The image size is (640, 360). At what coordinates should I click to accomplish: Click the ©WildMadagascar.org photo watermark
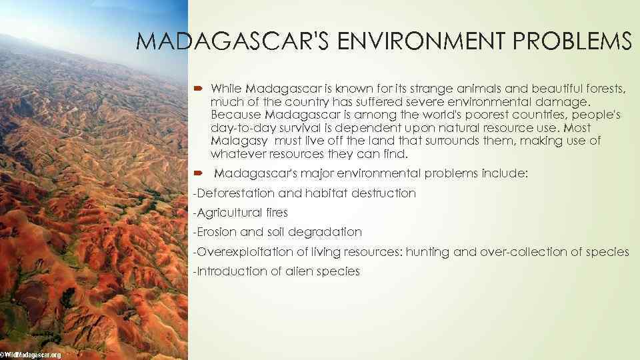coord(31,355)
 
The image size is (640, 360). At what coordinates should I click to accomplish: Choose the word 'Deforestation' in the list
coord(235,193)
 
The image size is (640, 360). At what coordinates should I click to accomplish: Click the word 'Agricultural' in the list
coord(230,213)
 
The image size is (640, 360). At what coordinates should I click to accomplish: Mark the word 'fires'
coord(276,213)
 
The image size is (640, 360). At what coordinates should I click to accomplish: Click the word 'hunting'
coord(428,251)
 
